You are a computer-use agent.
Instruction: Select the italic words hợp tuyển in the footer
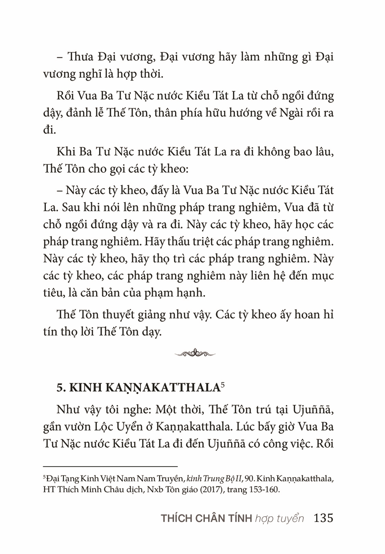point(280,519)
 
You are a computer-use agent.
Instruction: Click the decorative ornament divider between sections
point(195,353)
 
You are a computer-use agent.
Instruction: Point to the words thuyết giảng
point(127,315)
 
